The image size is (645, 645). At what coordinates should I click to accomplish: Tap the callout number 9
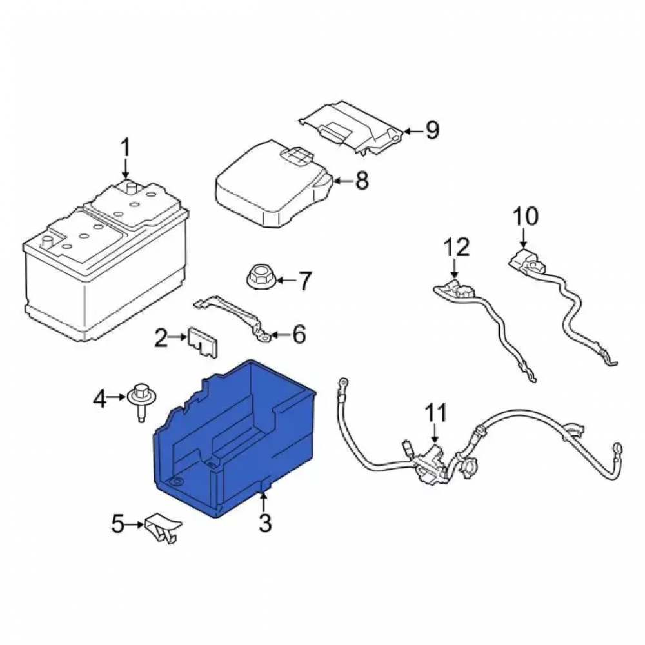pyautogui.click(x=432, y=130)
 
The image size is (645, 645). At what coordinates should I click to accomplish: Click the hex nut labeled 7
pyautogui.click(x=261, y=279)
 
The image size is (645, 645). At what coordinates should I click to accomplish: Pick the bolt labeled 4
pyautogui.click(x=141, y=401)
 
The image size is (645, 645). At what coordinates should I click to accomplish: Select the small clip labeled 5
pyautogui.click(x=163, y=528)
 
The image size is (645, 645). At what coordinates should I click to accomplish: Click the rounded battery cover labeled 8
pyautogui.click(x=273, y=183)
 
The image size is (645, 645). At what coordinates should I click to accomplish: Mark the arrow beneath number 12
pyautogui.click(x=455, y=269)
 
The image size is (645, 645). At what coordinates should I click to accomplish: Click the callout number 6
pyautogui.click(x=298, y=333)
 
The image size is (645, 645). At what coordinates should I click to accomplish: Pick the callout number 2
pyautogui.click(x=161, y=337)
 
